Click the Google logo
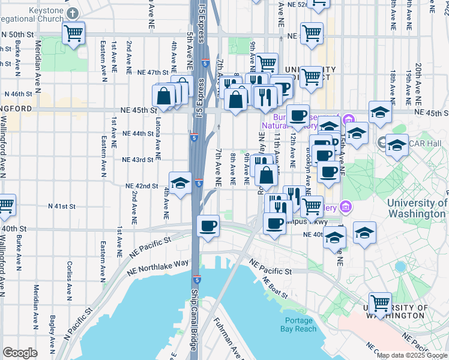[20, 353]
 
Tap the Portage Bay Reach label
[298, 324]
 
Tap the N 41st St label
[62, 206]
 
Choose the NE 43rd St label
[137, 160]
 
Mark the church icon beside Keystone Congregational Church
[72, 13]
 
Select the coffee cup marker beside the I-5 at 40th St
[208, 226]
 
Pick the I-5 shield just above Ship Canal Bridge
[197, 280]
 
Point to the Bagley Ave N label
[53, 327]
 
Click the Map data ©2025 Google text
[412, 355]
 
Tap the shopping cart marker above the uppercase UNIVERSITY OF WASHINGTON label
[380, 303]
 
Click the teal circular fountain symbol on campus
[400, 266]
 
